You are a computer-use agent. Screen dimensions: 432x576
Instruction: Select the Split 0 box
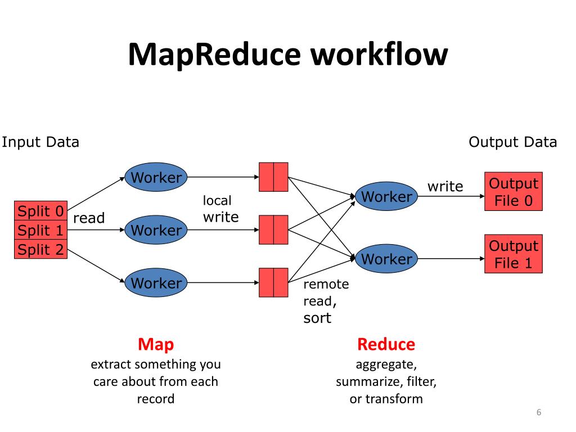[x=41, y=211]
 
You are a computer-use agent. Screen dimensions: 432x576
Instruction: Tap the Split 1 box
[x=41, y=231]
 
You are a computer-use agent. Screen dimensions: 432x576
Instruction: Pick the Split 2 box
[x=41, y=249]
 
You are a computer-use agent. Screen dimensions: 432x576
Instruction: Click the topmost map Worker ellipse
[x=156, y=178]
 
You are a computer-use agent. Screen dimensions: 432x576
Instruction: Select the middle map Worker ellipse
[x=156, y=230]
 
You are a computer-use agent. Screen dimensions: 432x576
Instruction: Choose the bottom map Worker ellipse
[x=156, y=283]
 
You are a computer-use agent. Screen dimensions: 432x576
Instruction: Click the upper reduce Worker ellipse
[x=386, y=197]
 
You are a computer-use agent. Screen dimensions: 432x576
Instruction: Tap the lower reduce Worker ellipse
[x=386, y=259]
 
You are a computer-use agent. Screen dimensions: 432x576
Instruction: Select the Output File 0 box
[x=513, y=191]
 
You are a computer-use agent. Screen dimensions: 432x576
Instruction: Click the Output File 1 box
[x=513, y=254]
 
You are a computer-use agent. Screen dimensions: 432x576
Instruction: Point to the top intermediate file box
[x=273, y=177]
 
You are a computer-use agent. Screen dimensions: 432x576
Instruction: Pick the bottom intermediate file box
[x=273, y=282]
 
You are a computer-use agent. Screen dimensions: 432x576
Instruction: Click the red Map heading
[x=156, y=344]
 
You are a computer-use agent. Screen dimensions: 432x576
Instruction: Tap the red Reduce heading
[x=386, y=344]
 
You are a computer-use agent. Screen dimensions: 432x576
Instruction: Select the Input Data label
[x=40, y=142]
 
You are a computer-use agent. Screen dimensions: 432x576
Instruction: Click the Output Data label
[x=512, y=142]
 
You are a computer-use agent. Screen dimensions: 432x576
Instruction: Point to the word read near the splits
[x=89, y=218]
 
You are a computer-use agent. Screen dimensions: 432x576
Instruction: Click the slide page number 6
[x=538, y=413]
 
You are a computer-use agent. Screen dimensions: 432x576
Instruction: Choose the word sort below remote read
[x=317, y=318]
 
